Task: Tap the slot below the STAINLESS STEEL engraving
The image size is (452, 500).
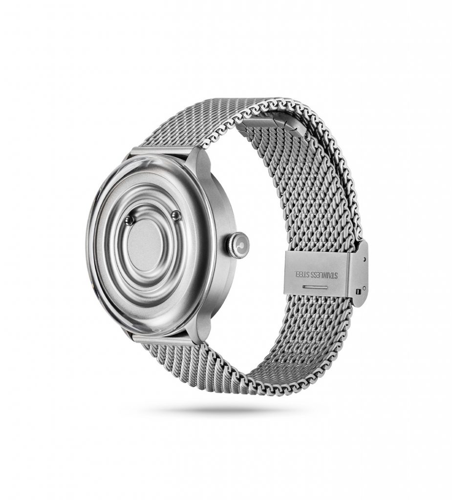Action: [315, 287]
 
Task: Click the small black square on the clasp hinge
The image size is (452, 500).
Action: [359, 292]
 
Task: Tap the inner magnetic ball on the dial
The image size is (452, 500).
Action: [129, 220]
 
